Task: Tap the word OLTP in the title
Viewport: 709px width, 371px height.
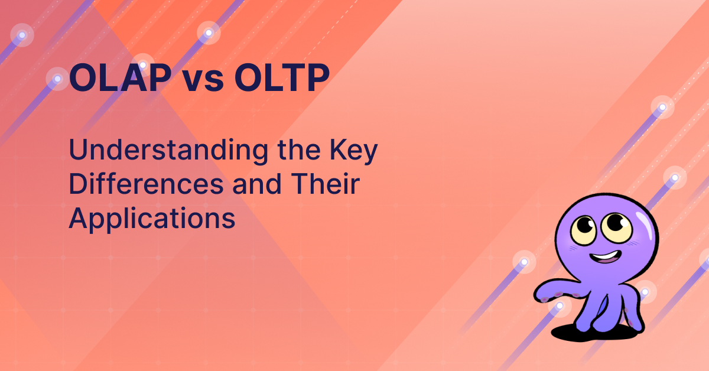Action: (x=282, y=78)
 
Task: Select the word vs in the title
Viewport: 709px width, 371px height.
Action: (x=203, y=82)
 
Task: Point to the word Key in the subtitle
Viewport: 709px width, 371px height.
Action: (x=353, y=152)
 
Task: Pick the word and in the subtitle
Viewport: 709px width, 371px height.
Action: (x=257, y=184)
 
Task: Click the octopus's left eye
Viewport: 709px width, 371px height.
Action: (x=584, y=230)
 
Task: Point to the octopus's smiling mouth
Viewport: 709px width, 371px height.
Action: (x=605, y=256)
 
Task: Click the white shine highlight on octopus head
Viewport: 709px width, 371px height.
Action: (x=644, y=224)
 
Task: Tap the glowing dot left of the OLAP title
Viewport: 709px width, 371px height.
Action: (x=57, y=79)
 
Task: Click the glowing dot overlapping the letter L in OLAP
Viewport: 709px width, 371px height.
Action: (x=143, y=65)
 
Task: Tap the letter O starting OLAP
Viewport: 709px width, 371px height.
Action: (x=83, y=78)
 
